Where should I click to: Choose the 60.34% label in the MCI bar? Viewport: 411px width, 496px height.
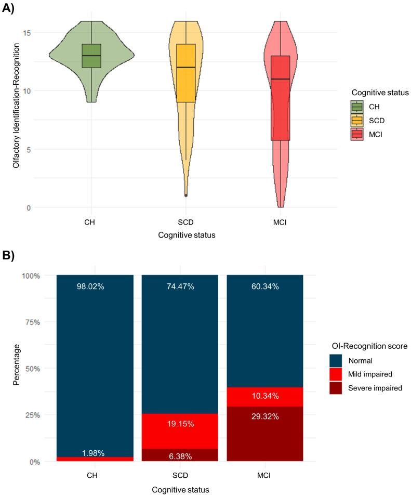(x=266, y=286)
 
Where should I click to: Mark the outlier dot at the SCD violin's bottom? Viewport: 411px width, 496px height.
(x=186, y=195)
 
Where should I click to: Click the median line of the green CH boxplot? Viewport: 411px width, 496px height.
(x=91, y=56)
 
